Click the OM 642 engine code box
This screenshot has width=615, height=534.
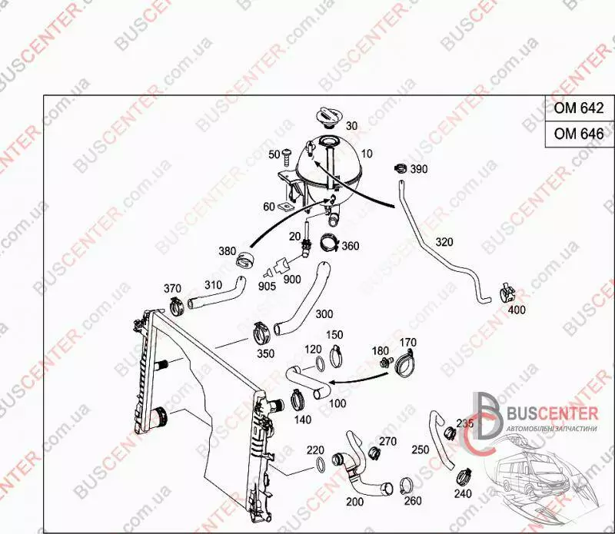click(580, 108)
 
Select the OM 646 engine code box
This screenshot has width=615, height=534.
click(580, 134)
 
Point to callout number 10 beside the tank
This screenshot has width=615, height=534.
click(367, 154)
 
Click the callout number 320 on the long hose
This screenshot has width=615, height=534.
click(444, 242)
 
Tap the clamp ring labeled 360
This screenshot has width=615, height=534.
click(330, 244)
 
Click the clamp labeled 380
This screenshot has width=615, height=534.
click(244, 259)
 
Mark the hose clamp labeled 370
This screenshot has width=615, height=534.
click(177, 306)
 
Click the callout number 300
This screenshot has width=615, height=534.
click(324, 313)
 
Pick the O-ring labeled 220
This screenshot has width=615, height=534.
click(320, 464)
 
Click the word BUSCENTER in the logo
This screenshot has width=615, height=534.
click(553, 413)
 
